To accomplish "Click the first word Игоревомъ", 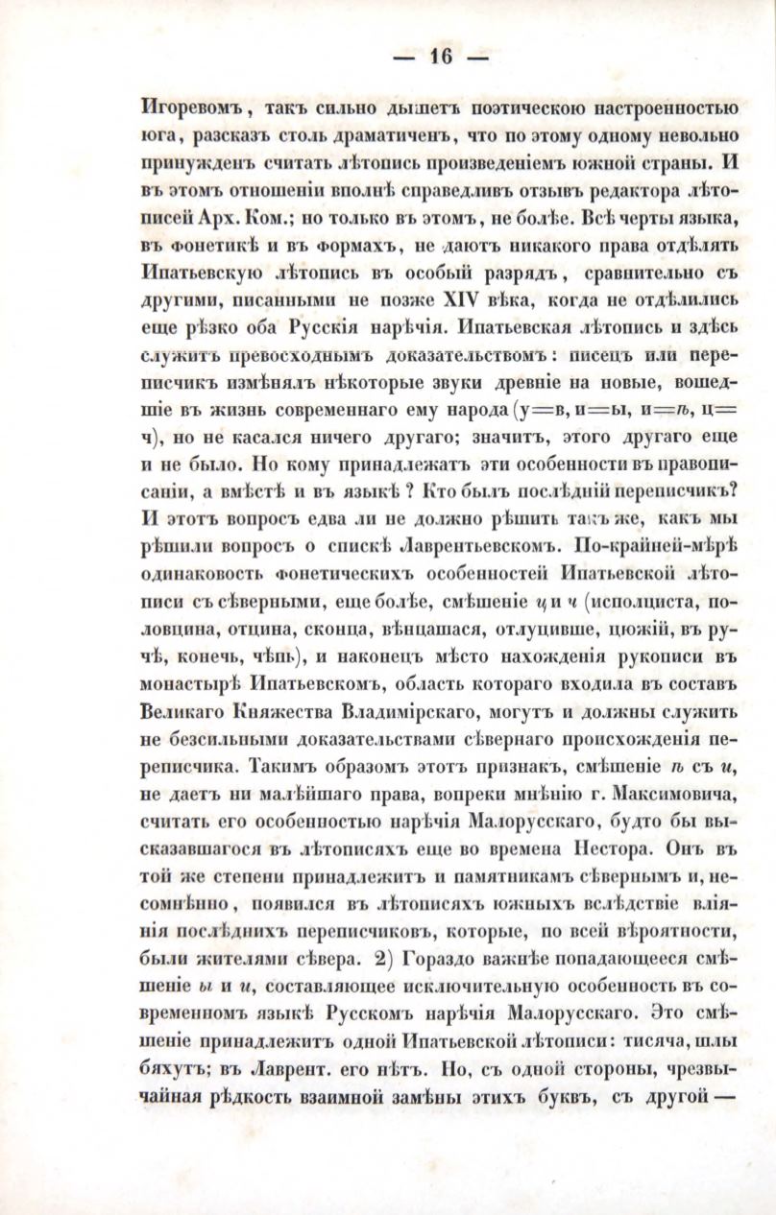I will (x=188, y=106).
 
